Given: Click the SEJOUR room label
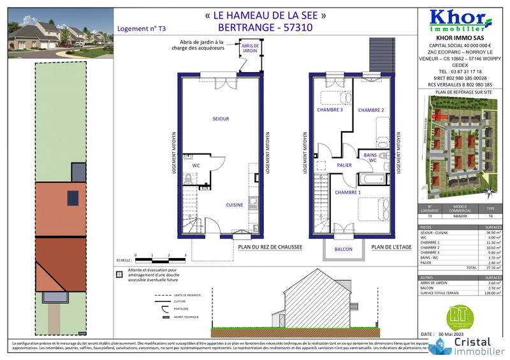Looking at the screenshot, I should pyautogui.click(x=221, y=119).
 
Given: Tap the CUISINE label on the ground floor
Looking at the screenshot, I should pyautogui.click(x=235, y=205).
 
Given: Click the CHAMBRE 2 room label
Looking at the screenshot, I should pyautogui.click(x=371, y=110).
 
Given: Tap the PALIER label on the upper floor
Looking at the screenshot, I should pyautogui.click(x=346, y=165).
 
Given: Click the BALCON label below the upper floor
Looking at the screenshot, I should pyautogui.click(x=343, y=249).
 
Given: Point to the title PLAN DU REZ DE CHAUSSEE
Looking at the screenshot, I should pyautogui.click(x=269, y=247).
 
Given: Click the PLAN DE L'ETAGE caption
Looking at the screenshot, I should pyautogui.click(x=390, y=247).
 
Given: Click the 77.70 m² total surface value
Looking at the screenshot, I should pyautogui.click(x=492, y=269).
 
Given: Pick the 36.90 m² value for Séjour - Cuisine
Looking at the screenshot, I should pyautogui.click(x=492, y=233).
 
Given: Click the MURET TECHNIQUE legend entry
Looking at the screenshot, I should pyautogui.click(x=186, y=317).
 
